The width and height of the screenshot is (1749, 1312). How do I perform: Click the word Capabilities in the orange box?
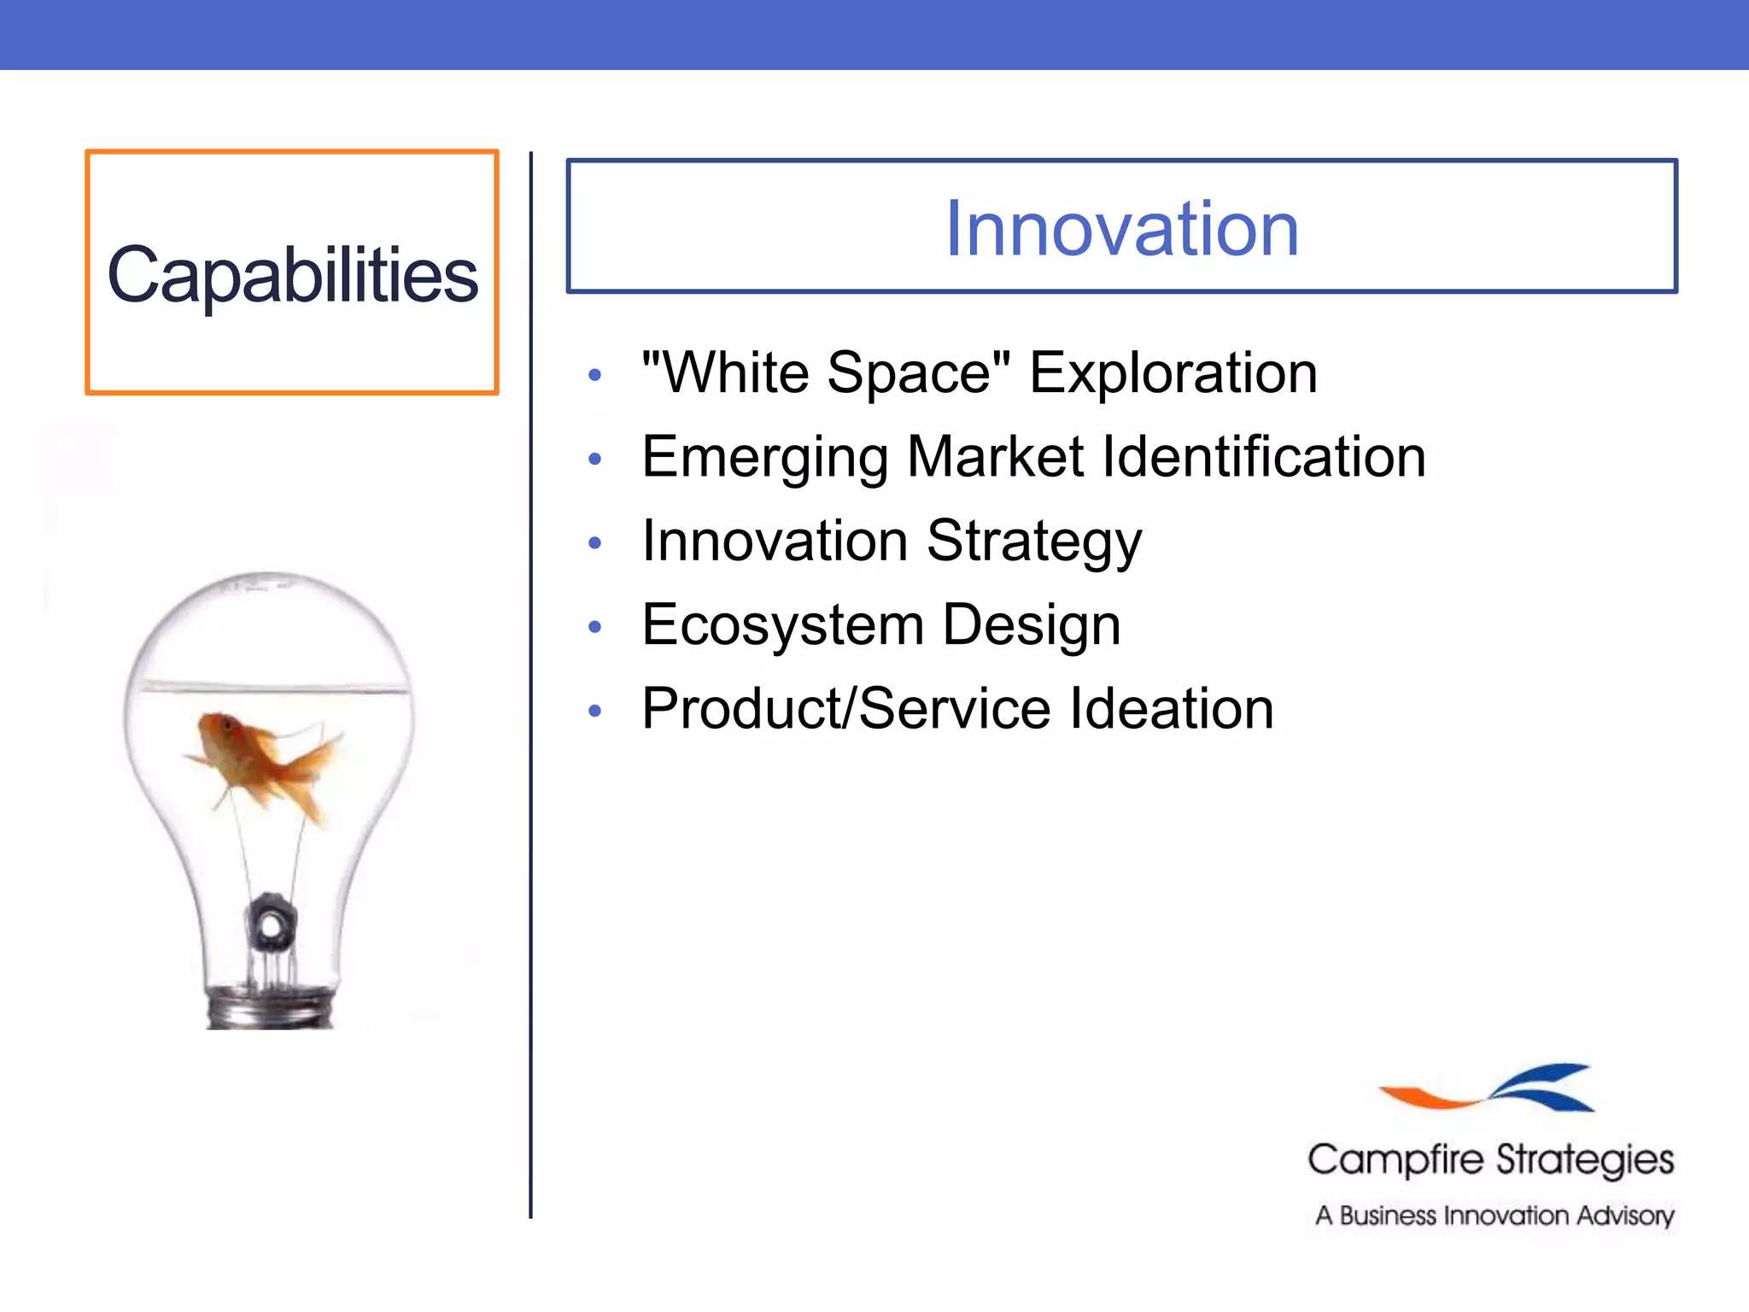[x=292, y=275]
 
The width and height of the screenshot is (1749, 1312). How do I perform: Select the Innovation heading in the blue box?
[x=1121, y=228]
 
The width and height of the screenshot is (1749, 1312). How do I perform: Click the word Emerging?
[x=764, y=458]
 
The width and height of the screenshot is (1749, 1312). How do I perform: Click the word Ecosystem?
[x=783, y=625]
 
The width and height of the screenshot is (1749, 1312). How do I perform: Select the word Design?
[x=1031, y=625]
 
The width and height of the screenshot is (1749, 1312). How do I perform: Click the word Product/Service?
[x=845, y=709]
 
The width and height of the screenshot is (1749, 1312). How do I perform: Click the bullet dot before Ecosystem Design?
[x=595, y=628]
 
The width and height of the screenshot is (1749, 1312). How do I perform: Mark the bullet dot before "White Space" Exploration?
[x=595, y=375]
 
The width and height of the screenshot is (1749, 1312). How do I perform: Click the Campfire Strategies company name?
[x=1490, y=1160]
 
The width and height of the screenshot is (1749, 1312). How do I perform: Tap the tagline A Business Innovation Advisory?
[x=1495, y=1215]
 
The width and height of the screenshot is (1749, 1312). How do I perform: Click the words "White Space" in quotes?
[x=826, y=373]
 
